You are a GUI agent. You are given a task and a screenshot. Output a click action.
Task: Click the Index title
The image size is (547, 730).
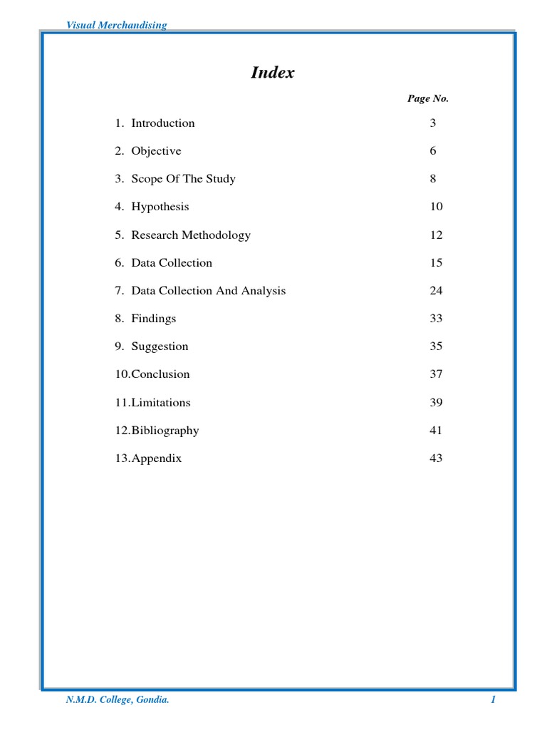tap(273, 73)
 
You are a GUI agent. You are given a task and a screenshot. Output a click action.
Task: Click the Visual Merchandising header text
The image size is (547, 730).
tap(116, 25)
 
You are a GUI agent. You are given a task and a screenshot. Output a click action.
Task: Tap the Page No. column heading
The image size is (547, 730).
tap(427, 99)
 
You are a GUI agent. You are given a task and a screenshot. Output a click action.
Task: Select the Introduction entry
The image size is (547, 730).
tap(162, 123)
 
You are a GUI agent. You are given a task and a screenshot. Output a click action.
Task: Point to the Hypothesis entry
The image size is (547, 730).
tap(160, 207)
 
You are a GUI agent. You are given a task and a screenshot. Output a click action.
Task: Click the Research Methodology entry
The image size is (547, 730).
tap(191, 235)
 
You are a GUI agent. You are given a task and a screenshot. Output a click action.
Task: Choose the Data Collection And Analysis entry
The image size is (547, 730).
tap(208, 291)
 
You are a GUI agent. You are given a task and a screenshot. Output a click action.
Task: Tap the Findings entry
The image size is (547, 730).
tap(153, 319)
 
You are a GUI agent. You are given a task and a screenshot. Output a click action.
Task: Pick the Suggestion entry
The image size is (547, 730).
tap(160, 346)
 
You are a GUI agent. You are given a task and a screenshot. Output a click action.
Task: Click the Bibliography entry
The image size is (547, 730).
tap(165, 431)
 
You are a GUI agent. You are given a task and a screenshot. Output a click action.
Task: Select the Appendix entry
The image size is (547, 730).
tap(156, 458)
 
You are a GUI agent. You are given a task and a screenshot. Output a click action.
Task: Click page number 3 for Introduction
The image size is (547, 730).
tap(432, 123)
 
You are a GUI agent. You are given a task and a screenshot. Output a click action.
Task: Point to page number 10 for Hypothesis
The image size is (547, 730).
tap(436, 207)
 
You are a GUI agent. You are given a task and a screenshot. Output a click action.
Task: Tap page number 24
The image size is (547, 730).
tap(436, 291)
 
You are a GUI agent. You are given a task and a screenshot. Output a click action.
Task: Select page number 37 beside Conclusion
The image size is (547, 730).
tap(436, 374)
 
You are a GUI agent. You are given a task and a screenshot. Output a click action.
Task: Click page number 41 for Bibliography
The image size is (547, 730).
tap(436, 431)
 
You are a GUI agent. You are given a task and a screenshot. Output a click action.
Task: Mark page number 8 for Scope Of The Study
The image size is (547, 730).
tap(432, 179)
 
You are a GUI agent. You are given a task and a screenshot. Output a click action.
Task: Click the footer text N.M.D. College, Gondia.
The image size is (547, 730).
tap(118, 701)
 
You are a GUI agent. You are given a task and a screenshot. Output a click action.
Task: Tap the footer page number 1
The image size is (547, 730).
tap(493, 701)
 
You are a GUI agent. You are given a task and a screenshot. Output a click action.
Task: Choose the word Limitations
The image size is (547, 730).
tap(161, 403)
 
